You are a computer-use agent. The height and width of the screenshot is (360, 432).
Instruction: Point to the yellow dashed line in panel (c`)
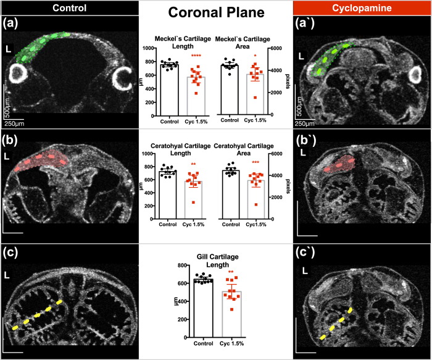coord(336,322)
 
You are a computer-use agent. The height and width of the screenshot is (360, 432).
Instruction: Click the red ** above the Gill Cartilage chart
coord(231,272)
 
